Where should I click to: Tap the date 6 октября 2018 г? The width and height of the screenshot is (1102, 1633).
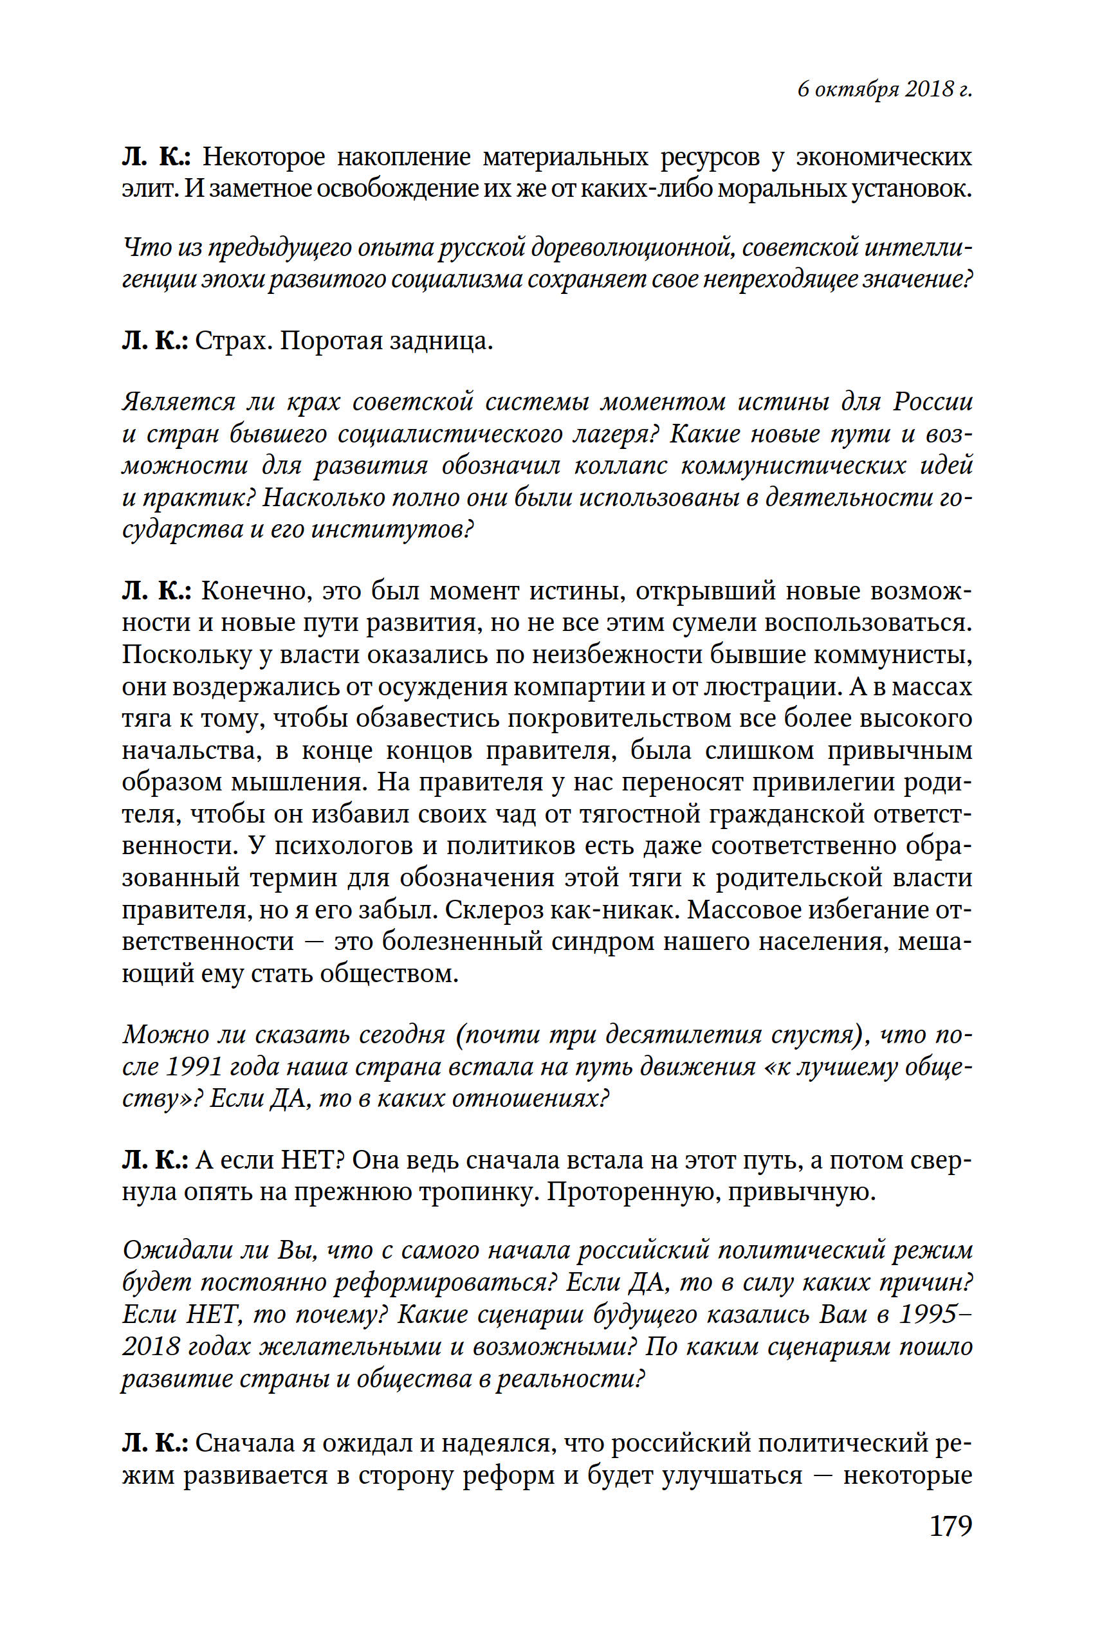(884, 89)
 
